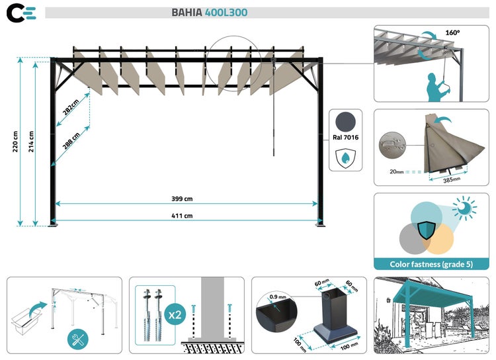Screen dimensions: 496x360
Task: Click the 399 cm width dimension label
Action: (x=182, y=199)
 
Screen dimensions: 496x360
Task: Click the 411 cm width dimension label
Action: (x=182, y=216)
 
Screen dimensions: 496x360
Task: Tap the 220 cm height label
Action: (x=15, y=142)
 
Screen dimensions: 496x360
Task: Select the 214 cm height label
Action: (x=31, y=142)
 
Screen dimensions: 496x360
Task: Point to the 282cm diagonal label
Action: (x=71, y=107)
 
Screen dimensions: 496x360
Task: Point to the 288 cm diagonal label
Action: (x=71, y=141)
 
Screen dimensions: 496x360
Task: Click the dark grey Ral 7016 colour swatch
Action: (x=345, y=122)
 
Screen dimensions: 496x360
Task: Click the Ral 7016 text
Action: (x=345, y=138)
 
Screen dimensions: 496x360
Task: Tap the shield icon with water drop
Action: (x=345, y=158)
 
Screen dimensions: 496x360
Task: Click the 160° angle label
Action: (x=452, y=32)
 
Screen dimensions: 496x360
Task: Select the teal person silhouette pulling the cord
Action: (x=438, y=87)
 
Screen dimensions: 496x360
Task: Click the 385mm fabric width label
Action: (x=452, y=180)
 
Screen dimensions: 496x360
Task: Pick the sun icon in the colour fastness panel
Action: (x=464, y=208)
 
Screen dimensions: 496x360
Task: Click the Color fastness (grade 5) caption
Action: (x=431, y=265)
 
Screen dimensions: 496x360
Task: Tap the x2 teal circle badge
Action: (x=175, y=315)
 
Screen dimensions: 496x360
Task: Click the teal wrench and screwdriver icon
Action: (x=78, y=339)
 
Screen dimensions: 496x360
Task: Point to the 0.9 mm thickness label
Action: (x=277, y=296)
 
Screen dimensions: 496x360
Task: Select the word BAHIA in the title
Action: (x=186, y=13)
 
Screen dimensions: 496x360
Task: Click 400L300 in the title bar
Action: (x=226, y=13)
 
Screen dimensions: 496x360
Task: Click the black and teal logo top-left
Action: (x=21, y=13)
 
